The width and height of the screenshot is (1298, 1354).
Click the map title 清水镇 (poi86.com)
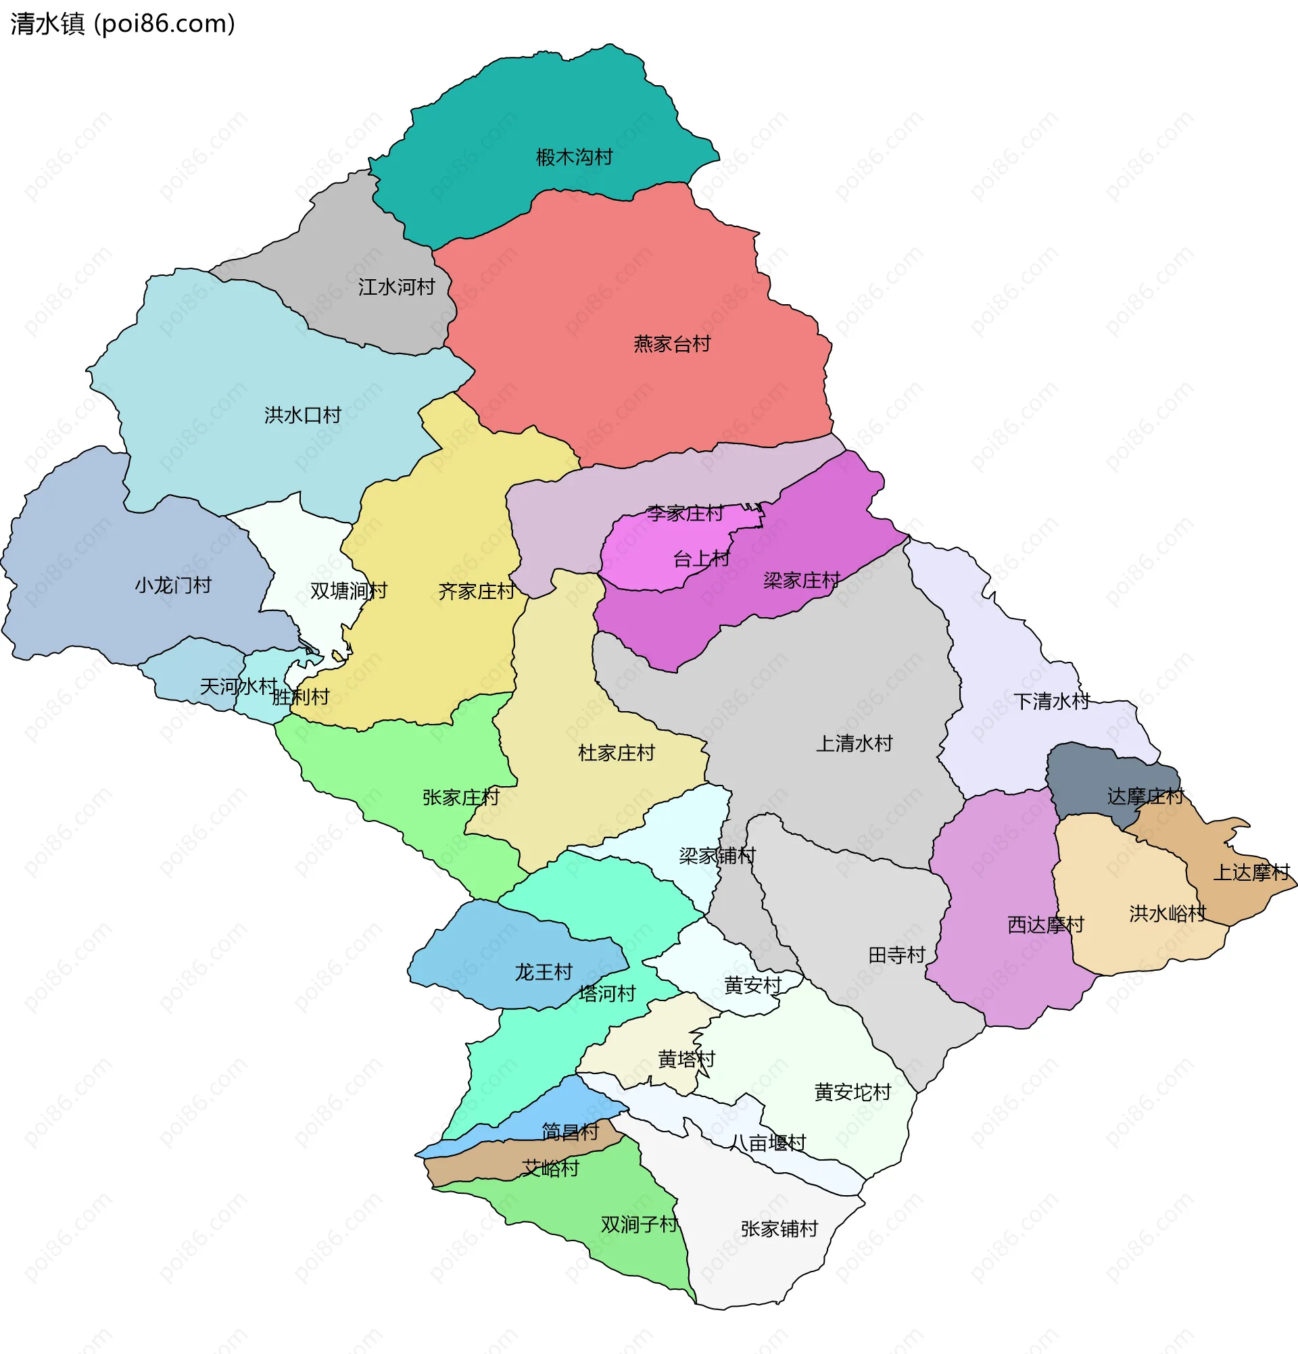[x=123, y=24]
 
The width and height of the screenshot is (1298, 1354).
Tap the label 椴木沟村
[x=574, y=158]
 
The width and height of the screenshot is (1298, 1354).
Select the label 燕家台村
[x=671, y=344]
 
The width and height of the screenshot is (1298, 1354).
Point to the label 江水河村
[x=396, y=287]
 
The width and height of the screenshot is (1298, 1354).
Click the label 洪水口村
[x=303, y=415]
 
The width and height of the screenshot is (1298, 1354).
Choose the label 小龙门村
[x=172, y=586]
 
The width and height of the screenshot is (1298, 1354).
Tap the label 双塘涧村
[x=348, y=591]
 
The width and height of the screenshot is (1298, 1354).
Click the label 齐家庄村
[x=476, y=592]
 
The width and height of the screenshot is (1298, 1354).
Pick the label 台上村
[x=700, y=559]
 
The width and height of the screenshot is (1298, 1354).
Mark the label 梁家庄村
[x=801, y=580]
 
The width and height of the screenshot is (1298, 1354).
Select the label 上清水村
[x=854, y=744]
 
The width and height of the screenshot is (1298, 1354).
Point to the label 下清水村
[x=1051, y=702]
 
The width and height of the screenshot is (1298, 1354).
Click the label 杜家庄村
[x=615, y=753]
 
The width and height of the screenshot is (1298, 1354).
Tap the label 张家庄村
[x=460, y=798]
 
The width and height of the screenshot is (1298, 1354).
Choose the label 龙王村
[x=543, y=973]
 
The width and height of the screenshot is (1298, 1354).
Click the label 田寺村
[x=896, y=955]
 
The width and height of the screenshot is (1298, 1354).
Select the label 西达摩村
[x=1045, y=925]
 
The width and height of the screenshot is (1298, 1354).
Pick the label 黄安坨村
[x=852, y=1093]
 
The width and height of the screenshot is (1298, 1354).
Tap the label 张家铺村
[x=779, y=1229]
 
